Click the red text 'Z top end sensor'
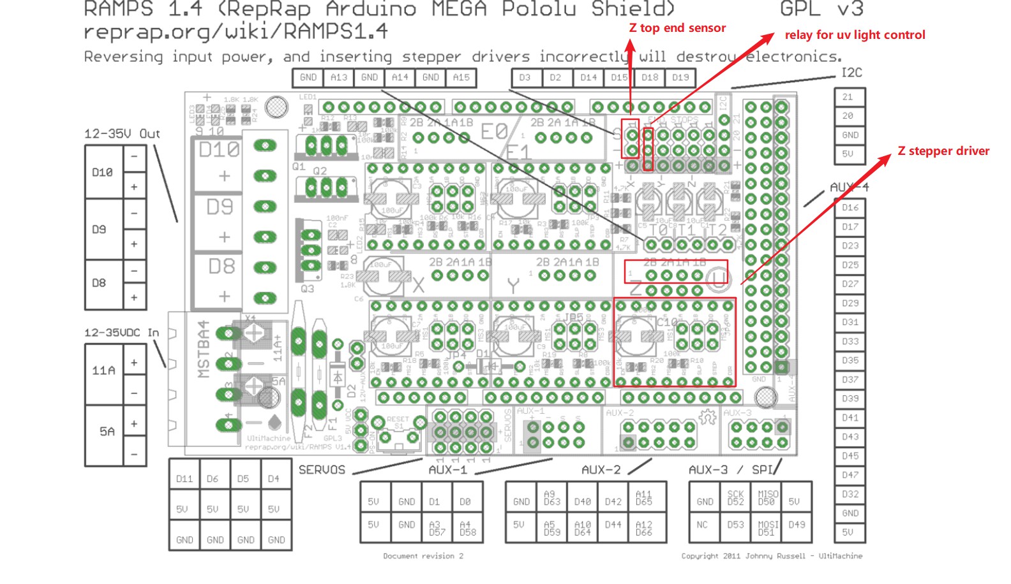[x=677, y=28]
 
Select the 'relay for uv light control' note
[x=855, y=35]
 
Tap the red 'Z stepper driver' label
[x=943, y=151]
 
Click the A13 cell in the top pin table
[x=339, y=77]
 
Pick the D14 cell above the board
[x=588, y=77]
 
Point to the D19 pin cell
[x=680, y=77]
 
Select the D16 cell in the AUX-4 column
[x=850, y=208]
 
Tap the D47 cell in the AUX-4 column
[x=850, y=475]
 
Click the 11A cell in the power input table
[x=103, y=370]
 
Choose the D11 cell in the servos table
[x=184, y=479]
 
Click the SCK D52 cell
[x=735, y=498]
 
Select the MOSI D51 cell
[x=767, y=528]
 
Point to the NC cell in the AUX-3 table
[x=702, y=525]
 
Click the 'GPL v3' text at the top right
[x=821, y=9]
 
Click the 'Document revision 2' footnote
[x=423, y=556]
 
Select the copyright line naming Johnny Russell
[x=772, y=556]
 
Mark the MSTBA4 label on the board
[x=204, y=349]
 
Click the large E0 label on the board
[x=493, y=132]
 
